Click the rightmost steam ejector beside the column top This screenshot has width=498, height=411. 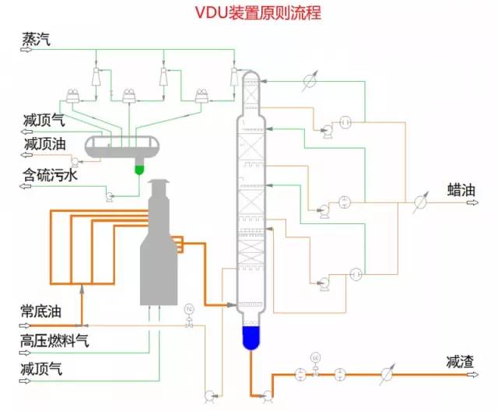[x=233, y=76]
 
